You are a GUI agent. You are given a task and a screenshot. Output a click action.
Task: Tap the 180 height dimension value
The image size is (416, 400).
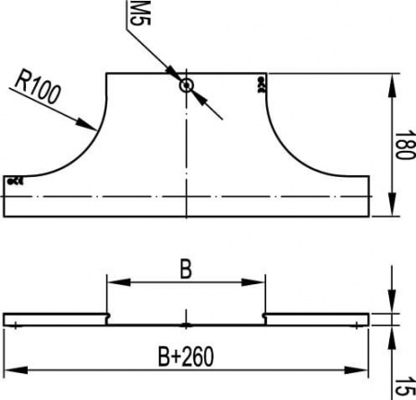tap(402, 144)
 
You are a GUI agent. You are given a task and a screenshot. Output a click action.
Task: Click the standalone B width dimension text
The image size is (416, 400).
tap(186, 269)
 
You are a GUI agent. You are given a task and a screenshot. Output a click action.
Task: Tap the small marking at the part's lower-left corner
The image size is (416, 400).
tap(14, 181)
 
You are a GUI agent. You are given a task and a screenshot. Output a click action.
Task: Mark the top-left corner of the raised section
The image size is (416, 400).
tap(108, 73)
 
